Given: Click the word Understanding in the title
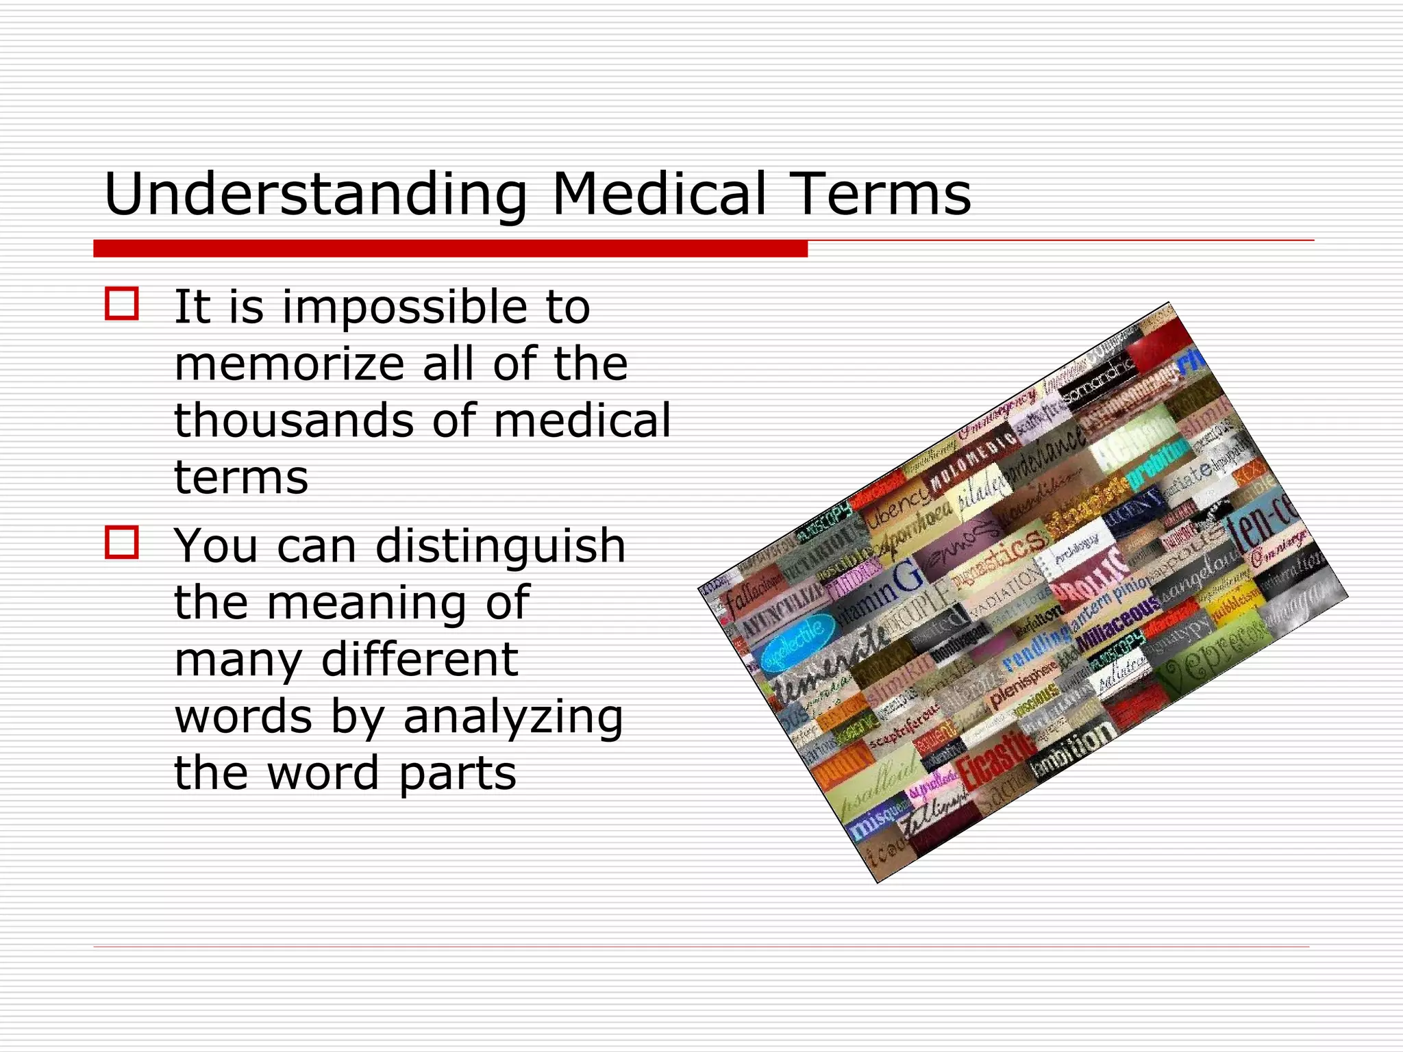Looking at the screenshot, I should pos(315,195).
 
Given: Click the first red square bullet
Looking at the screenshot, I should pos(122,303).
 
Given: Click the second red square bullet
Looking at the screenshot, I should pos(122,542).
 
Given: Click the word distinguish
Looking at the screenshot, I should pos(500,547).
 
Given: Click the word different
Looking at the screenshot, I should pos(419,660).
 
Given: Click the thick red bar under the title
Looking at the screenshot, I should pos(450,249).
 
